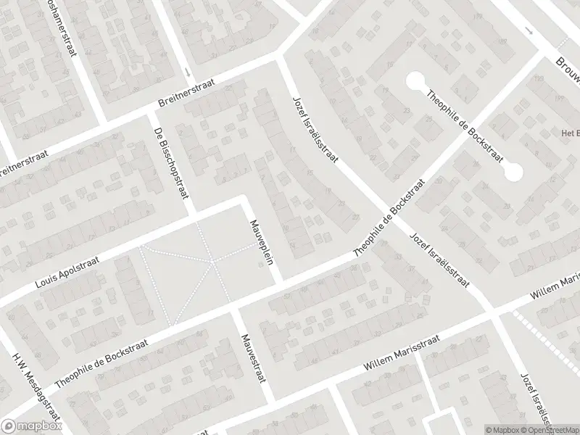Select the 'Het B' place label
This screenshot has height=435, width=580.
pos(568,133)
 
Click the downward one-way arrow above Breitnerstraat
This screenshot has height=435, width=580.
pos(188,72)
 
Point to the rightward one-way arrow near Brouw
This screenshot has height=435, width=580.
pos(529,33)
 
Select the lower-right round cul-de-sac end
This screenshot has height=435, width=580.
pos(514,172)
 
